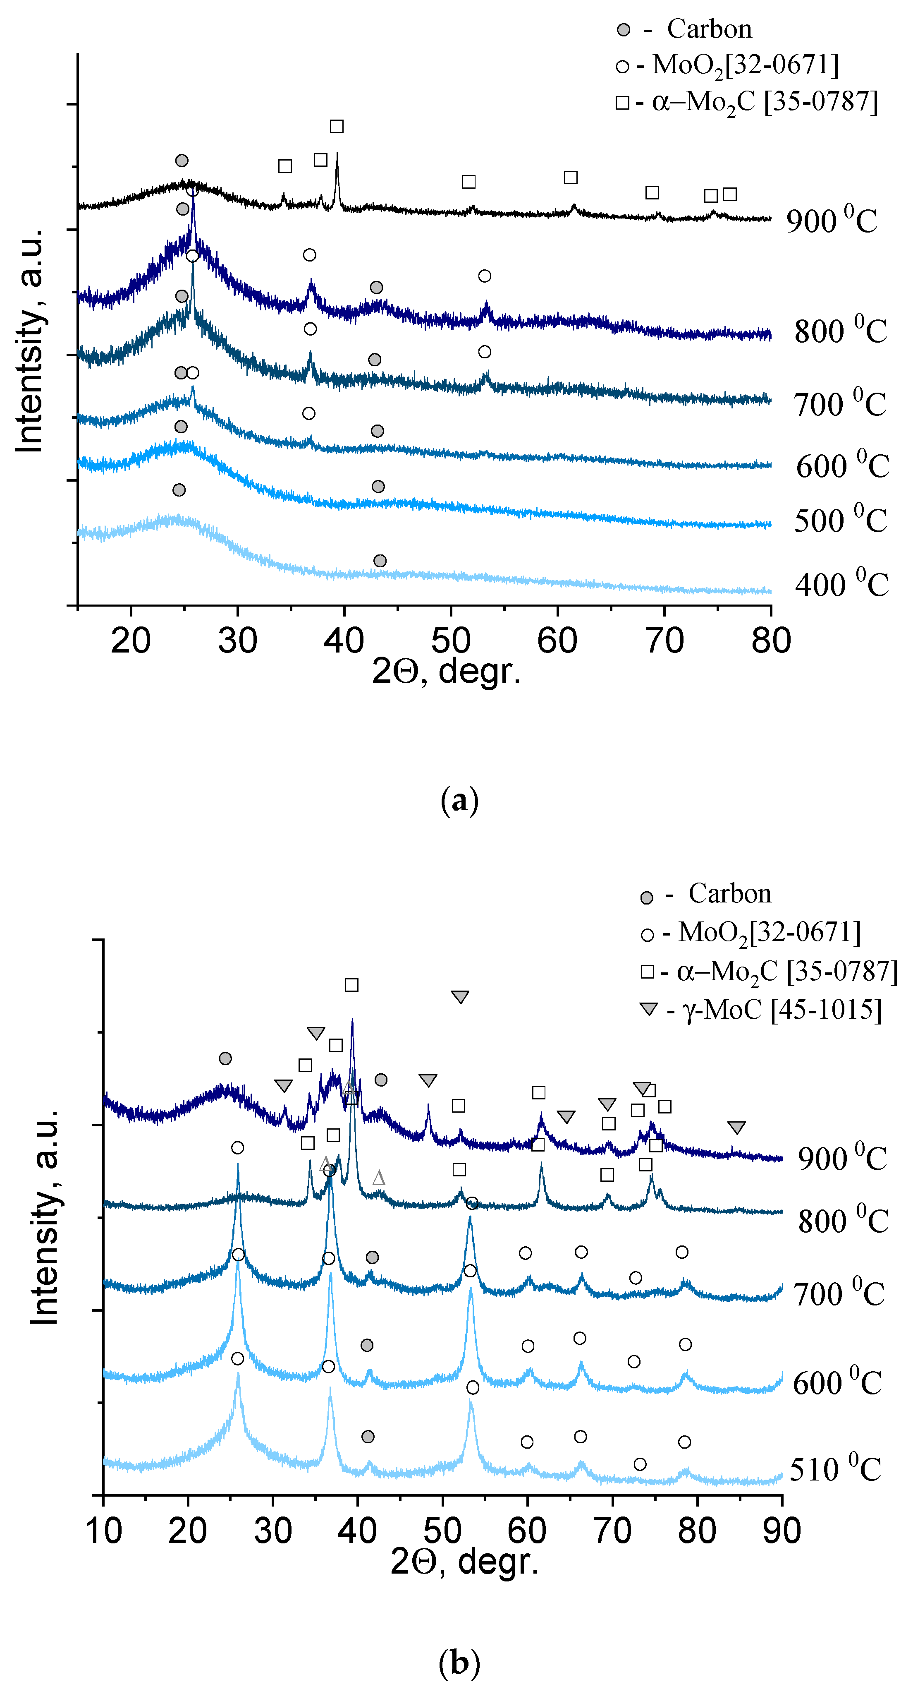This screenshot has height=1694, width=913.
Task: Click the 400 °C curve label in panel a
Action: (841, 584)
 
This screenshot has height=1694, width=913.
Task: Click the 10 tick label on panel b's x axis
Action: (104, 1531)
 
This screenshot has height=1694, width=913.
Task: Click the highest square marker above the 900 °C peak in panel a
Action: (337, 126)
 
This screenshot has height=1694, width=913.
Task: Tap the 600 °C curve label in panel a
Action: (843, 465)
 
